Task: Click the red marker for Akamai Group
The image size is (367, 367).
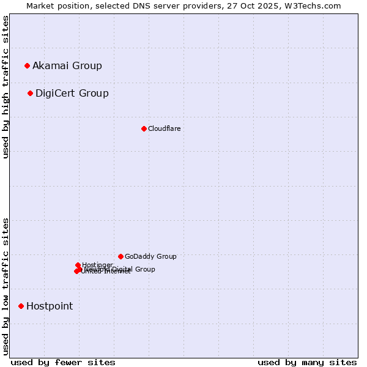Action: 27,65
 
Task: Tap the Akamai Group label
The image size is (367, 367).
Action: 67,66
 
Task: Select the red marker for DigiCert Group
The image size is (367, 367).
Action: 30,93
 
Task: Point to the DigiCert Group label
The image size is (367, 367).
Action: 72,94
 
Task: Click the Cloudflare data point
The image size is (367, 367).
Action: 144,128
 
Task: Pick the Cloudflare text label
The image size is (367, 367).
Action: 164,128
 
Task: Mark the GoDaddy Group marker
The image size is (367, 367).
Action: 120,256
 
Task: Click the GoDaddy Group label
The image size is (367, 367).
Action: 150,256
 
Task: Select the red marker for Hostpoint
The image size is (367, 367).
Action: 21,306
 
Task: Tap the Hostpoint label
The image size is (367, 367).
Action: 50,306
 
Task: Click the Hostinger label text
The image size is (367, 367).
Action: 97,265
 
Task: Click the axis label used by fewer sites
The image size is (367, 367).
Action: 63,362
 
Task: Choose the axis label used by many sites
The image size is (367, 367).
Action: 307,362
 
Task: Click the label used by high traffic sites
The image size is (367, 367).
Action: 6,87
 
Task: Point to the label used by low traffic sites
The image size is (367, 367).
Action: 6,286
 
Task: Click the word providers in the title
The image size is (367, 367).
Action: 203,6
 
